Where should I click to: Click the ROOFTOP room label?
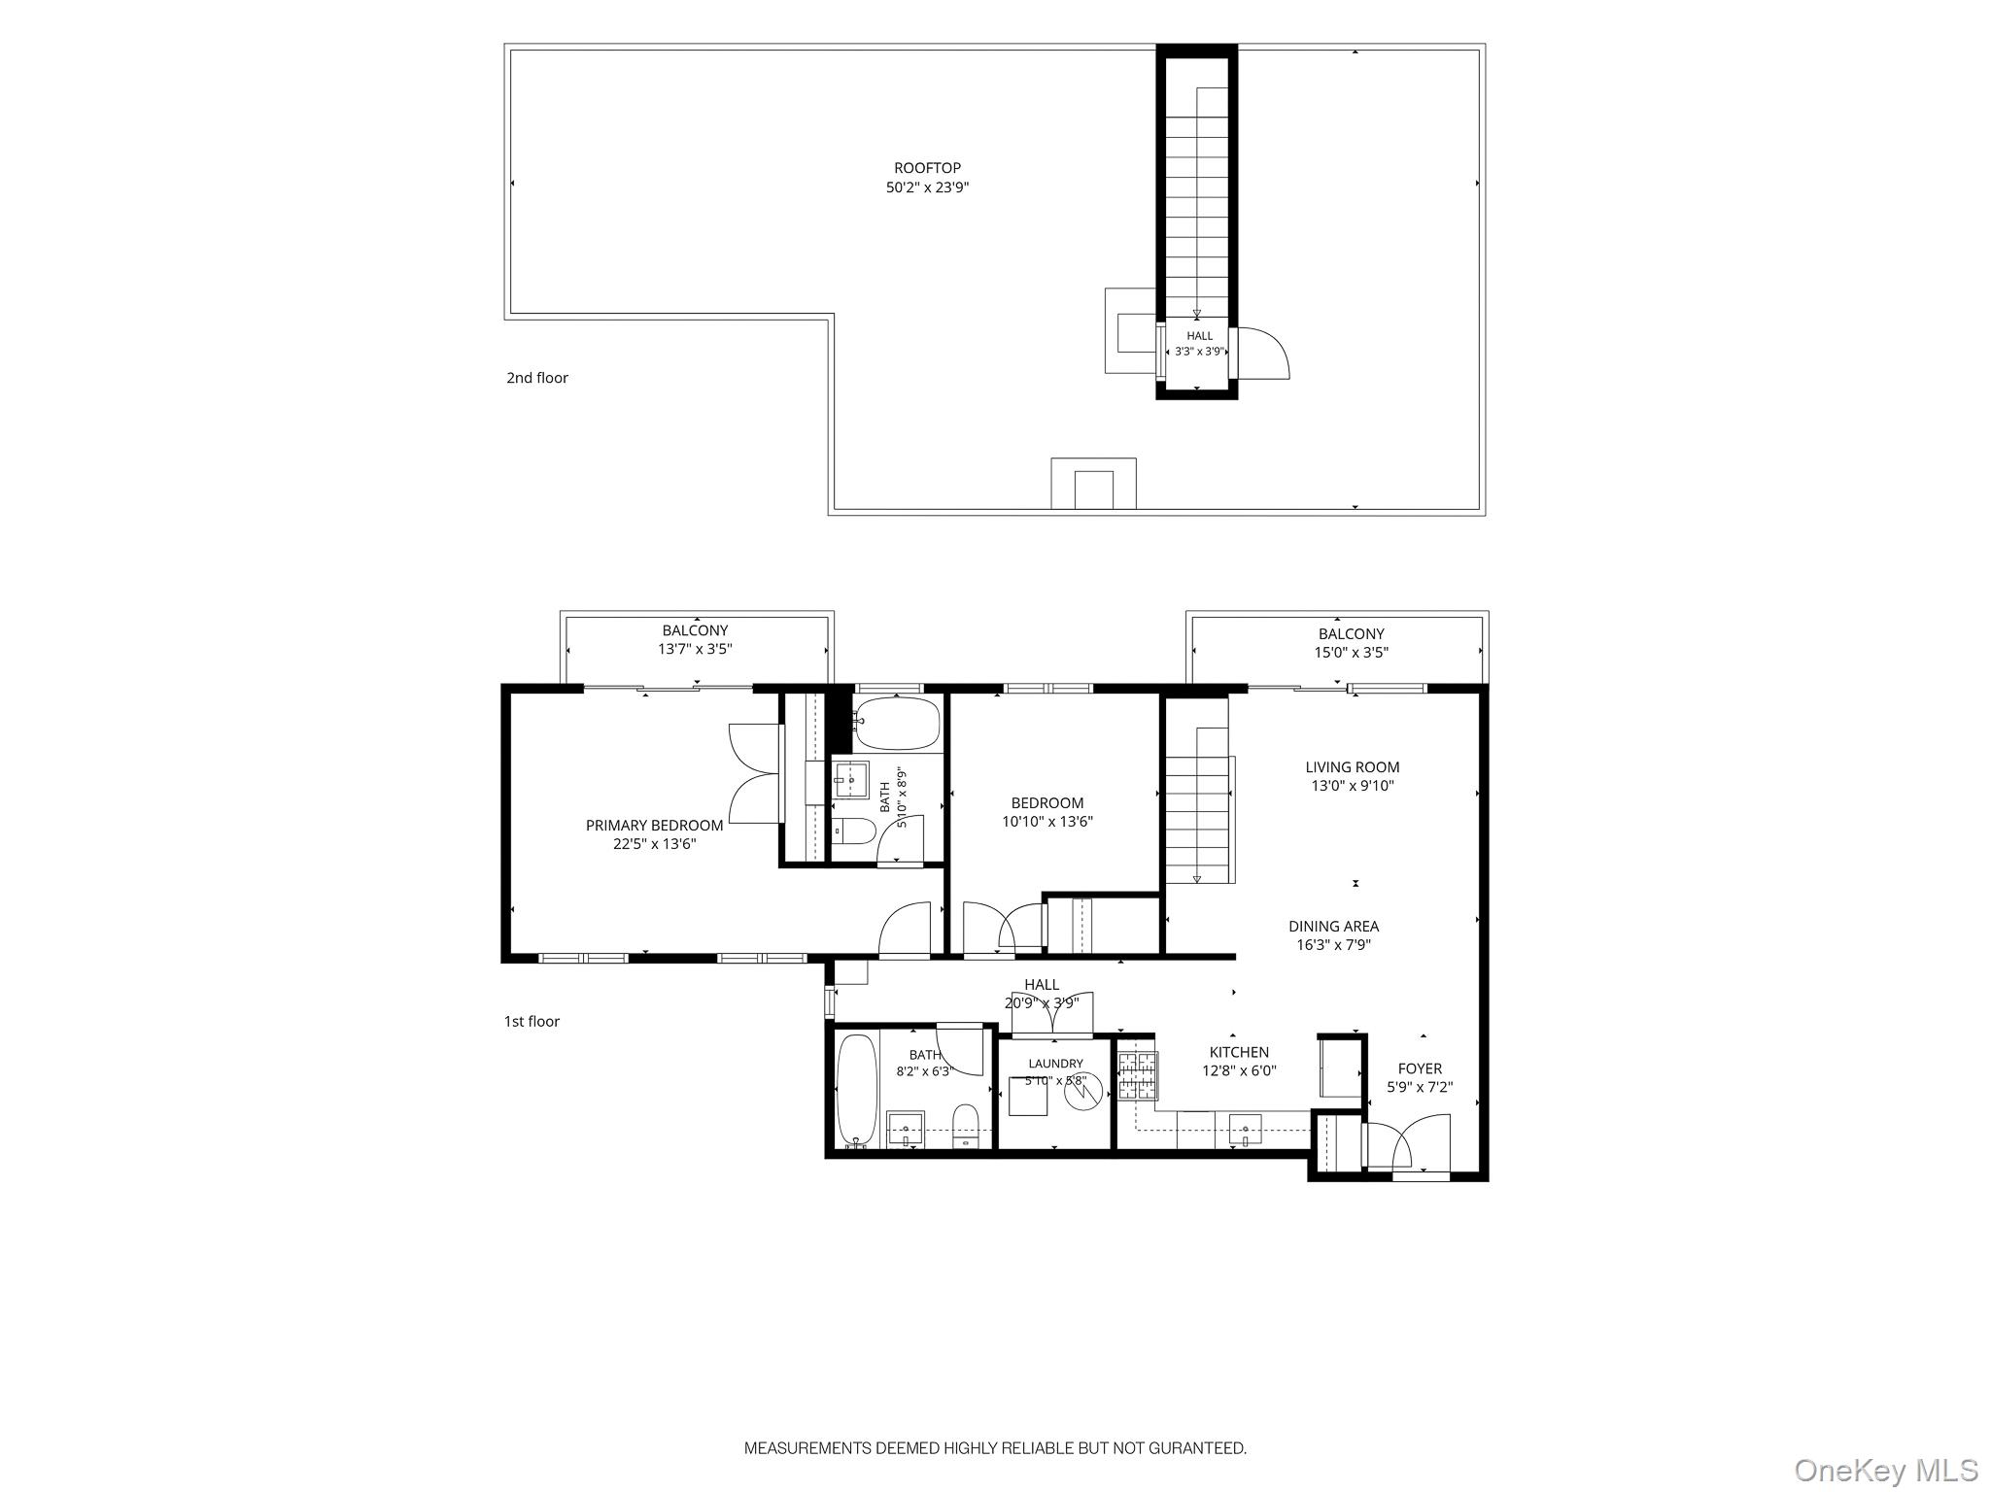pos(927,168)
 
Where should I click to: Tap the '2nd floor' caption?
pos(537,378)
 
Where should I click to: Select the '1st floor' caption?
pos(532,1021)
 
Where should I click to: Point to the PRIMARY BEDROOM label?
pos(654,826)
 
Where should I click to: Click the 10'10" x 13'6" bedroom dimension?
pos(1047,822)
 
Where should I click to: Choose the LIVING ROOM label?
pos(1353,767)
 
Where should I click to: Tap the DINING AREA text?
pos(1333,927)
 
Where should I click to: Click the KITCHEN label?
pos(1239,1052)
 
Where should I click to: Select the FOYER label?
pos(1420,1068)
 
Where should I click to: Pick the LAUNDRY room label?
pos(1055,1064)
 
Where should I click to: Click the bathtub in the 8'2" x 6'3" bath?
pos(857,1091)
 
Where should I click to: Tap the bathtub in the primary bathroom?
pos(897,724)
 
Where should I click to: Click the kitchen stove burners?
pos(1137,1076)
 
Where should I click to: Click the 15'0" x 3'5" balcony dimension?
pos(1352,653)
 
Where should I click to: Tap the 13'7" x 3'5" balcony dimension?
pos(695,649)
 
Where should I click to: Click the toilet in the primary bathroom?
pos(854,831)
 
